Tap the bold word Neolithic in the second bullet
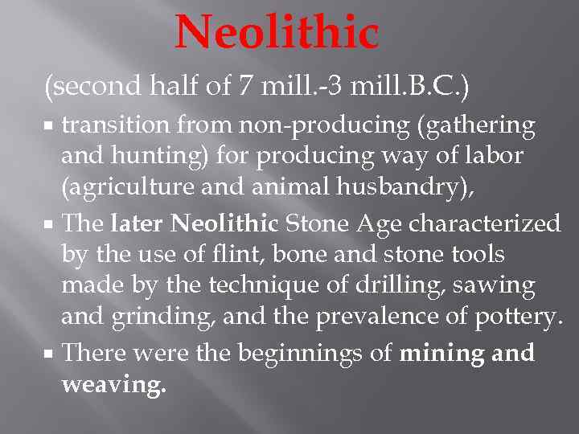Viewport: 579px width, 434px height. [224, 223]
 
